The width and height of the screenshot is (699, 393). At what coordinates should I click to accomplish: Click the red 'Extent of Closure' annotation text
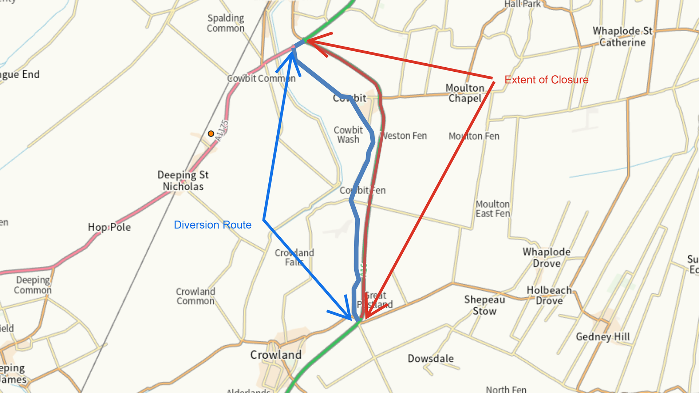point(546,80)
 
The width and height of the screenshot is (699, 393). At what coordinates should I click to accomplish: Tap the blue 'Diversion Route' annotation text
point(213,225)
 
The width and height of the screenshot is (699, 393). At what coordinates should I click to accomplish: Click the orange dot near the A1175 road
point(211,134)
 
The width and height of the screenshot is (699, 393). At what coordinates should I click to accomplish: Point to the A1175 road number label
point(222,131)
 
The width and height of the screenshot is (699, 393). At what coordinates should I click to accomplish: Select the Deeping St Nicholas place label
point(183,180)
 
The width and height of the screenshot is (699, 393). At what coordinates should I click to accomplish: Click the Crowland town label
point(276,355)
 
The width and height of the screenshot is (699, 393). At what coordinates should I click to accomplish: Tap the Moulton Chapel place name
point(465,93)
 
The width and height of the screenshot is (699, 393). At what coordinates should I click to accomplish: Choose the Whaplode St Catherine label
point(622,37)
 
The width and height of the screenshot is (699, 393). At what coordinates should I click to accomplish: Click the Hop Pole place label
point(109,227)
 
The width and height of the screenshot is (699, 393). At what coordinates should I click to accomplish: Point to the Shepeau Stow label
point(485,305)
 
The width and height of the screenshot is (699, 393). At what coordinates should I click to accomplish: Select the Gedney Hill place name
point(603,337)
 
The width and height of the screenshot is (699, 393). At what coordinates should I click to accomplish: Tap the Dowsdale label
point(431,358)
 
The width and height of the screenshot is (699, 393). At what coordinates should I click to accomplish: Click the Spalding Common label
point(226,23)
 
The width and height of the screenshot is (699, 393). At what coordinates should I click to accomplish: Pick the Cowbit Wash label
point(348,135)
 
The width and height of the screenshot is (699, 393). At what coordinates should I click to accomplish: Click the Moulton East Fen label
point(493,209)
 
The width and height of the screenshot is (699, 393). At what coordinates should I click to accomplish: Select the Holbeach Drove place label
point(549,295)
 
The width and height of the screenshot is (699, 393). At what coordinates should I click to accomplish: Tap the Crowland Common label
point(196,296)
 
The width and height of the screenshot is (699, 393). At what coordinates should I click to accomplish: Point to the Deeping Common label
point(33,285)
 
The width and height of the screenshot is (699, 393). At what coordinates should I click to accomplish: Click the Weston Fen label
point(404,136)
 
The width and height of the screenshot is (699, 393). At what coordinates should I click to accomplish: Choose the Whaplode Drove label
point(546,258)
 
